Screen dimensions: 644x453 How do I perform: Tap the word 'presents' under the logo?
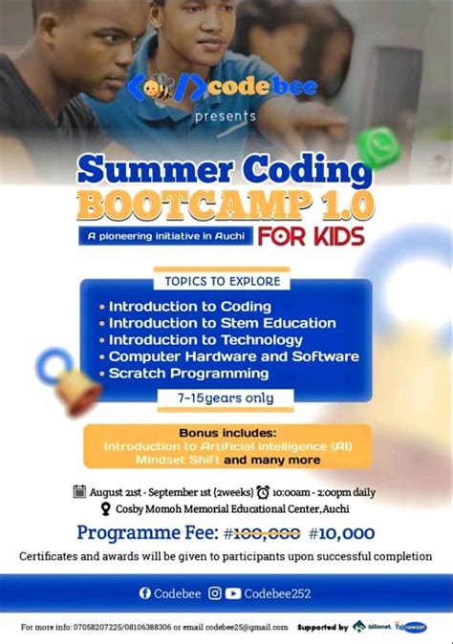pos(226,117)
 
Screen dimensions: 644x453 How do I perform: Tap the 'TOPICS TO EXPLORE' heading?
pos(223,282)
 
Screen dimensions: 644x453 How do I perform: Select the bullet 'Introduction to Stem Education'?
pos(222,323)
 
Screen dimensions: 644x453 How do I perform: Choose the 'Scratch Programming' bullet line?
pos(188,373)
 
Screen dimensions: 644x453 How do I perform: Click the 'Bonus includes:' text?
pos(226,432)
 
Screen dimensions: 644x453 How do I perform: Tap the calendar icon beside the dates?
pos(80,492)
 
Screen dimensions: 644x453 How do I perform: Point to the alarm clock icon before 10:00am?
pos(263,492)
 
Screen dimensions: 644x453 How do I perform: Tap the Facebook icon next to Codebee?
pos(145,593)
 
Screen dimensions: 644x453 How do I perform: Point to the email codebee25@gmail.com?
pos(239,627)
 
